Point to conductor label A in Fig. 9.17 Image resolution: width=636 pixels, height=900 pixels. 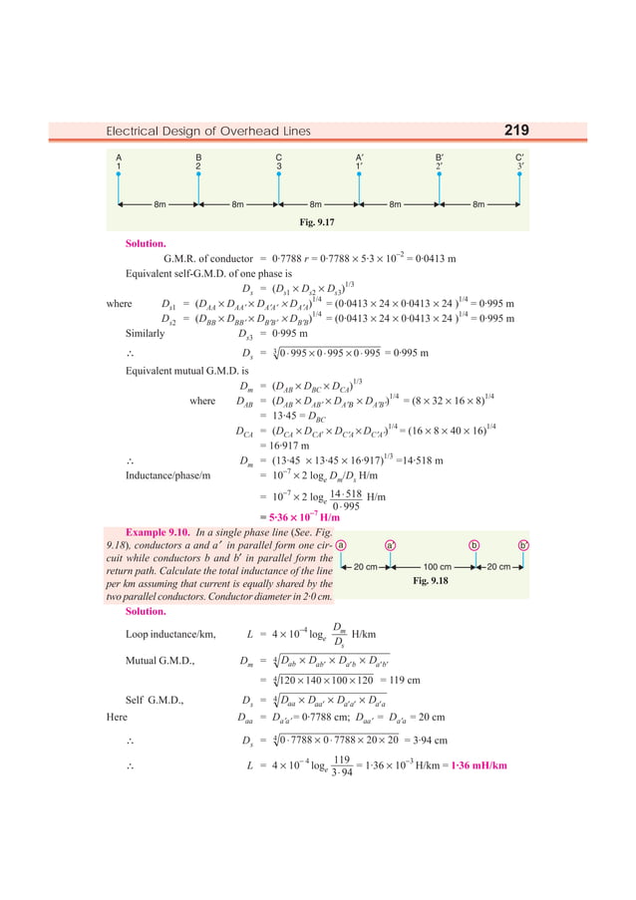[119, 157]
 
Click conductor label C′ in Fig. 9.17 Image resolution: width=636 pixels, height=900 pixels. [519, 157]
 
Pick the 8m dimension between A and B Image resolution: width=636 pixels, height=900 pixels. [159, 204]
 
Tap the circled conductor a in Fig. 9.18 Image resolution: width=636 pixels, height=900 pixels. [341, 545]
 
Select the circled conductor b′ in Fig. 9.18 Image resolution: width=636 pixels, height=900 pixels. [524, 545]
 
